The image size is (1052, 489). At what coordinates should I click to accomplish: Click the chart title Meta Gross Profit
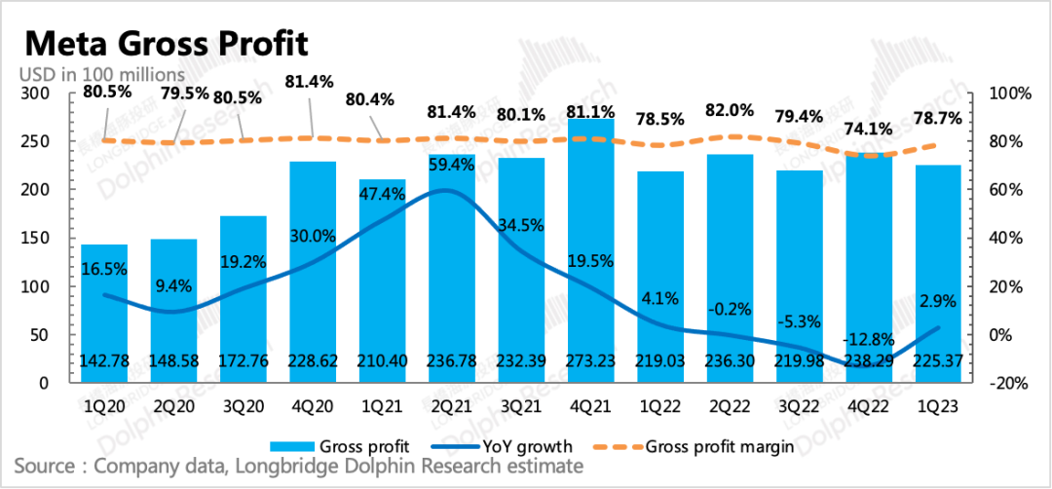(x=166, y=44)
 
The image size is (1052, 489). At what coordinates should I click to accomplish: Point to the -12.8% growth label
(x=868, y=339)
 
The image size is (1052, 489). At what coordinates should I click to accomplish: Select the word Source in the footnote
(x=47, y=467)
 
